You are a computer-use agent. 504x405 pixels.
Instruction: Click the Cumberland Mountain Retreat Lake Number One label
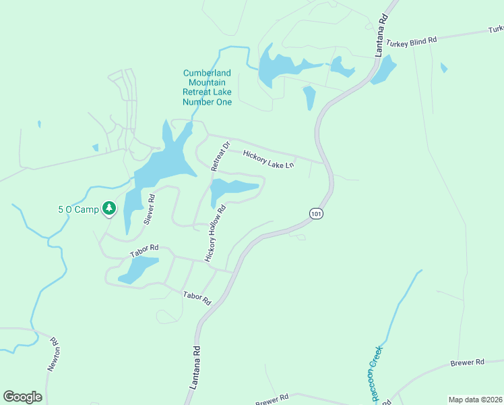coord(207,87)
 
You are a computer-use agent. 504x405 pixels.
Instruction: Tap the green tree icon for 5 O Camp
coord(108,209)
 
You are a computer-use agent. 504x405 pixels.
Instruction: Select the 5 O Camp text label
coord(78,209)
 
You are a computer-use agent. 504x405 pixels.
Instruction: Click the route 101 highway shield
coord(315,213)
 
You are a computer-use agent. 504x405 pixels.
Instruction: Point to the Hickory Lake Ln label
coord(269,159)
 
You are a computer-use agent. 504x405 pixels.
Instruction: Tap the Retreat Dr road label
coord(220,156)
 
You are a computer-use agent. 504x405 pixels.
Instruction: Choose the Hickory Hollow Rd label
coord(214,234)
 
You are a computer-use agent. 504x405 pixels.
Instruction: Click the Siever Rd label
coord(149,209)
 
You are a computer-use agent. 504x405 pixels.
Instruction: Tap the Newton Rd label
coord(55,354)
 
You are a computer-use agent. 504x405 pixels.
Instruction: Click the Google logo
coord(22,396)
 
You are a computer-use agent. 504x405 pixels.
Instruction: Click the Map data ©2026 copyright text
coord(474,399)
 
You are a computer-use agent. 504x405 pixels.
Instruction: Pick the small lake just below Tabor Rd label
coord(138,269)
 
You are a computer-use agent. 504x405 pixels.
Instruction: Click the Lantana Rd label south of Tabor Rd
coord(195,370)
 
